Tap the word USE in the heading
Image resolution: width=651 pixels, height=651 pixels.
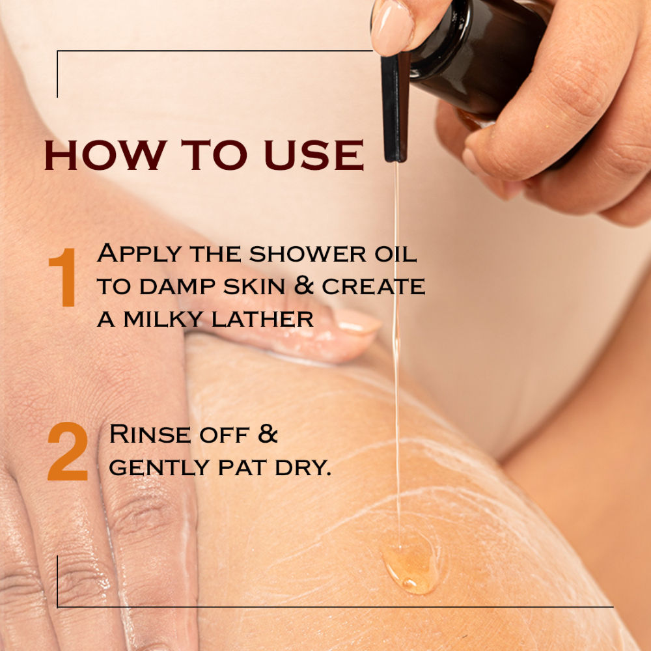click(x=314, y=155)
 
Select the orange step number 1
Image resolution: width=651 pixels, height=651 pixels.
click(x=64, y=277)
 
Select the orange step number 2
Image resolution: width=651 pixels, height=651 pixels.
click(x=68, y=451)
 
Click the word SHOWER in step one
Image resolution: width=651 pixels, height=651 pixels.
click(x=308, y=254)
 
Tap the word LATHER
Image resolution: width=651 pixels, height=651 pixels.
click(x=262, y=319)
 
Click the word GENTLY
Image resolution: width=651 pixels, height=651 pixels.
click(x=160, y=468)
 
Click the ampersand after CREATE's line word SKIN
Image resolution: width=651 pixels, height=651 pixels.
click(x=303, y=286)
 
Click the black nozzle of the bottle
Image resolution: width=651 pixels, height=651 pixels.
click(x=395, y=109)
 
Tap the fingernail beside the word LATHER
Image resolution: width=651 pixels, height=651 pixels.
click(x=356, y=321)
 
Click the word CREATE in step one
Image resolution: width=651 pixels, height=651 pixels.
click(x=373, y=286)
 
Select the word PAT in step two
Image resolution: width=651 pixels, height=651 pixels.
click(x=242, y=468)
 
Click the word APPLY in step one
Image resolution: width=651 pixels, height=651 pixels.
click(x=139, y=254)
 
